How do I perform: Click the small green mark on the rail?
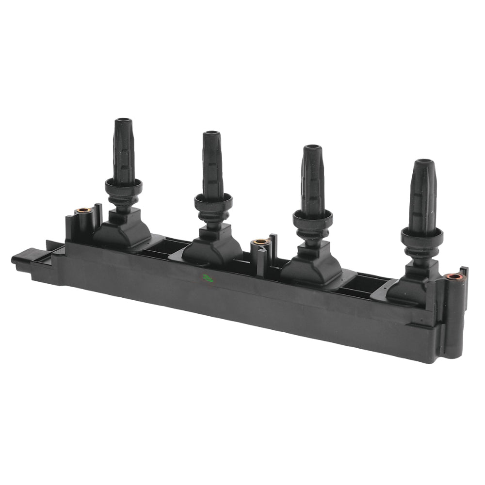pos(207,278)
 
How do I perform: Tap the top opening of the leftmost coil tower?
pos(123,121)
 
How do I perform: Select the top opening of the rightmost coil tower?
pos(424,163)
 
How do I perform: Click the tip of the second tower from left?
pos(211,134)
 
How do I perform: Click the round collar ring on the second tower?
pos(213,199)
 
